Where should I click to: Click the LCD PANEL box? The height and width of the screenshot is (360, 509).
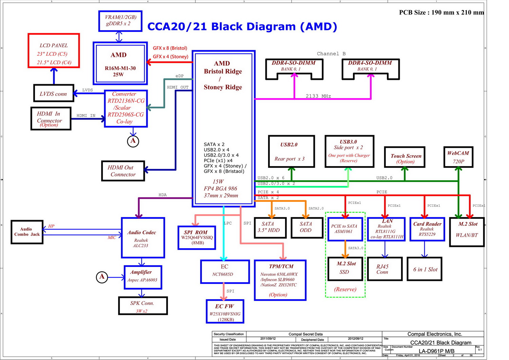pyautogui.click(x=54, y=51)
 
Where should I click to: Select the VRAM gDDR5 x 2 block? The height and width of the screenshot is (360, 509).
pyautogui.click(x=120, y=21)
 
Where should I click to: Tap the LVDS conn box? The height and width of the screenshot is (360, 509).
pyautogui.click(x=54, y=93)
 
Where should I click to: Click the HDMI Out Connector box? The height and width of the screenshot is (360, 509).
pyautogui.click(x=123, y=171)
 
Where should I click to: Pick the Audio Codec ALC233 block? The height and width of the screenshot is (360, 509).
pyautogui.click(x=143, y=238)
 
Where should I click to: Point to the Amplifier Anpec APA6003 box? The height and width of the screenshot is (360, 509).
pyautogui.click(x=143, y=277)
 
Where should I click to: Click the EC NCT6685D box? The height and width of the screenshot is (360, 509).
pyautogui.click(x=225, y=271)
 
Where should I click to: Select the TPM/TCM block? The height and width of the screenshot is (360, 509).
pyautogui.click(x=280, y=280)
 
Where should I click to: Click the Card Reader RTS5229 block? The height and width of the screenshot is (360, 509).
pyautogui.click(x=427, y=229)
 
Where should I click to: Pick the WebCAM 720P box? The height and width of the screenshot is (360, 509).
pyautogui.click(x=458, y=157)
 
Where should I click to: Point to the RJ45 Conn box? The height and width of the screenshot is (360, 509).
pyautogui.click(x=384, y=269)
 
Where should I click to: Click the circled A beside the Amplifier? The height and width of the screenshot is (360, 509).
pyautogui.click(x=102, y=277)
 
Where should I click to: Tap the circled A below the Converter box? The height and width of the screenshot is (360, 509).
pyautogui.click(x=133, y=141)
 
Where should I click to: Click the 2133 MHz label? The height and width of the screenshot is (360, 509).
pyautogui.click(x=318, y=96)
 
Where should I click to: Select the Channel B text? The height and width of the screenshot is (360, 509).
pyautogui.click(x=331, y=54)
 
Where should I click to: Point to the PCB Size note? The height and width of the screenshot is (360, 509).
pyautogui.click(x=441, y=13)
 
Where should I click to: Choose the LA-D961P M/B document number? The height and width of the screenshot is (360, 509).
pyautogui.click(x=436, y=351)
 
